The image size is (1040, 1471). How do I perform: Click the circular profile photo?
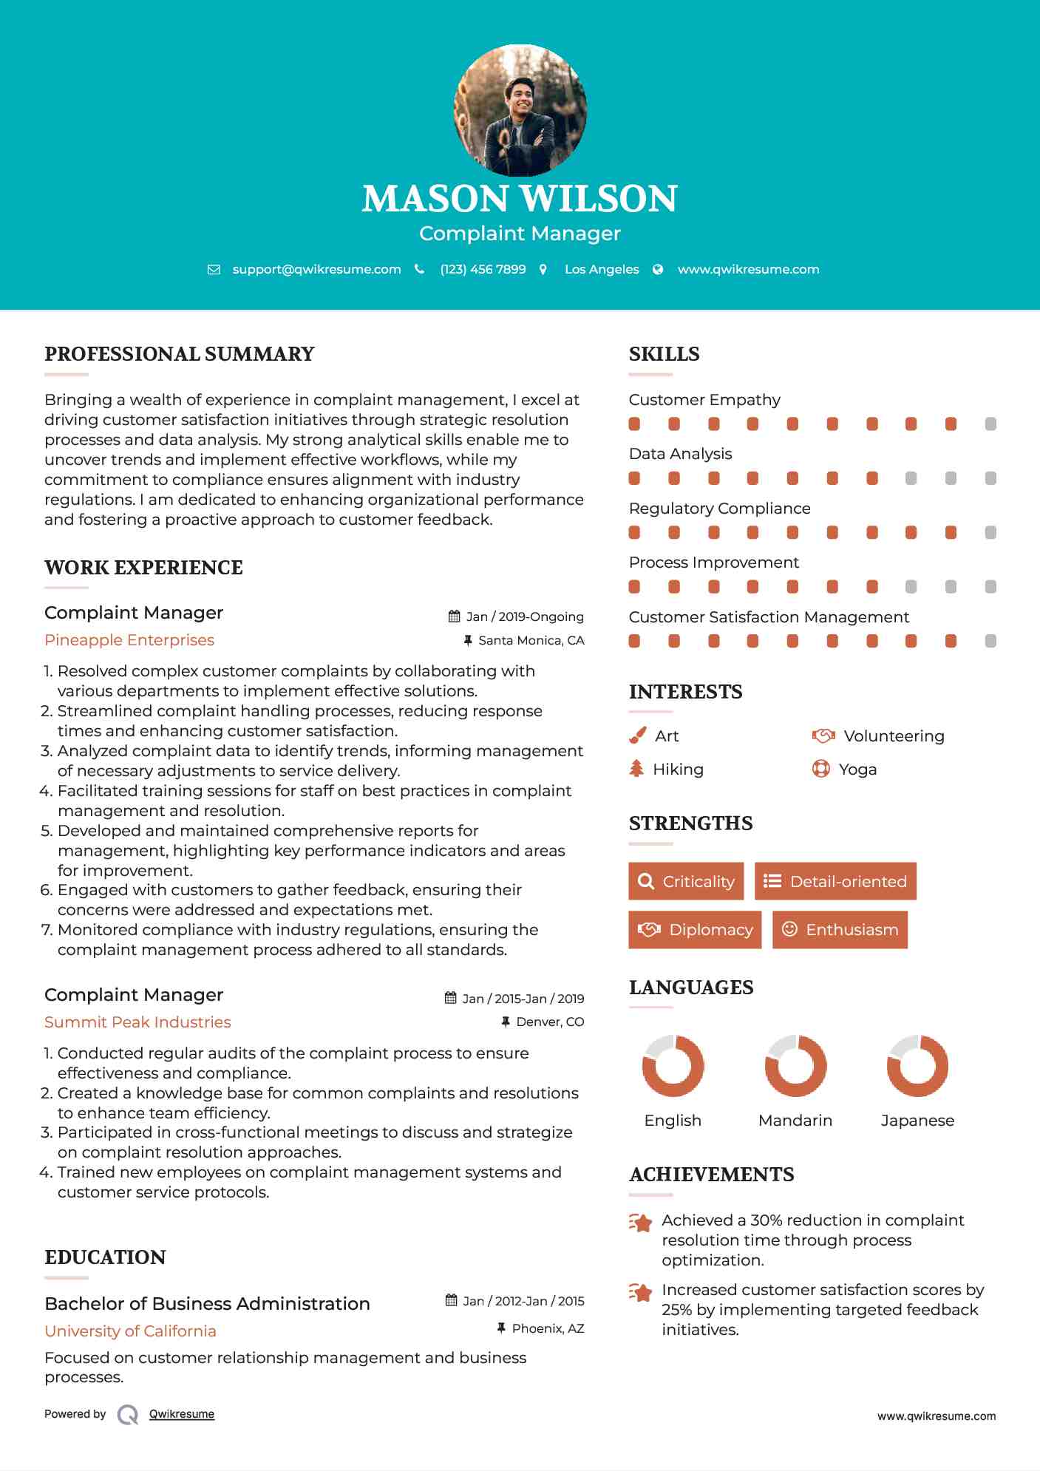[x=520, y=111]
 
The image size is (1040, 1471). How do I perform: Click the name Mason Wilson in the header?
[x=520, y=199]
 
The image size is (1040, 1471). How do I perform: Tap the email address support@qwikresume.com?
[x=316, y=270]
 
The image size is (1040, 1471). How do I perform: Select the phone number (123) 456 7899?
[x=483, y=270]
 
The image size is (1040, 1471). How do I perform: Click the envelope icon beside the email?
[x=214, y=270]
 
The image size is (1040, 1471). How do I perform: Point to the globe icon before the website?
[x=658, y=270]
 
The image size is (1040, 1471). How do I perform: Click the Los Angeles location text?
[x=602, y=270]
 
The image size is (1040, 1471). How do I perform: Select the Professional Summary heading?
[x=180, y=354]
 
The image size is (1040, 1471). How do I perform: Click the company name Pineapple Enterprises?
[x=129, y=640]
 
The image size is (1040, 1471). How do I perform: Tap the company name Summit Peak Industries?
[x=137, y=1022]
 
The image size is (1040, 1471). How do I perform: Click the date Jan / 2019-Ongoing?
[x=525, y=616]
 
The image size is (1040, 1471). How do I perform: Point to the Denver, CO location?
[x=550, y=1022]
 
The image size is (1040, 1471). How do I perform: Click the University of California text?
[x=130, y=1331]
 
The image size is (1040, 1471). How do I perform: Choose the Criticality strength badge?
[x=686, y=881]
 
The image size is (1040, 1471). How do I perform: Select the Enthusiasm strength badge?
[x=840, y=930]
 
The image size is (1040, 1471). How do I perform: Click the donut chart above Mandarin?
[x=795, y=1066]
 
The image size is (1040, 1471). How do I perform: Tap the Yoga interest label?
[x=857, y=770]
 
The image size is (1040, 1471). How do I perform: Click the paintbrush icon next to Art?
[x=637, y=735]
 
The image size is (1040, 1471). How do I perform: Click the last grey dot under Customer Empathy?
[x=990, y=424]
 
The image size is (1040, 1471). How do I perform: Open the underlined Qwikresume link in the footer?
[x=182, y=1414]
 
